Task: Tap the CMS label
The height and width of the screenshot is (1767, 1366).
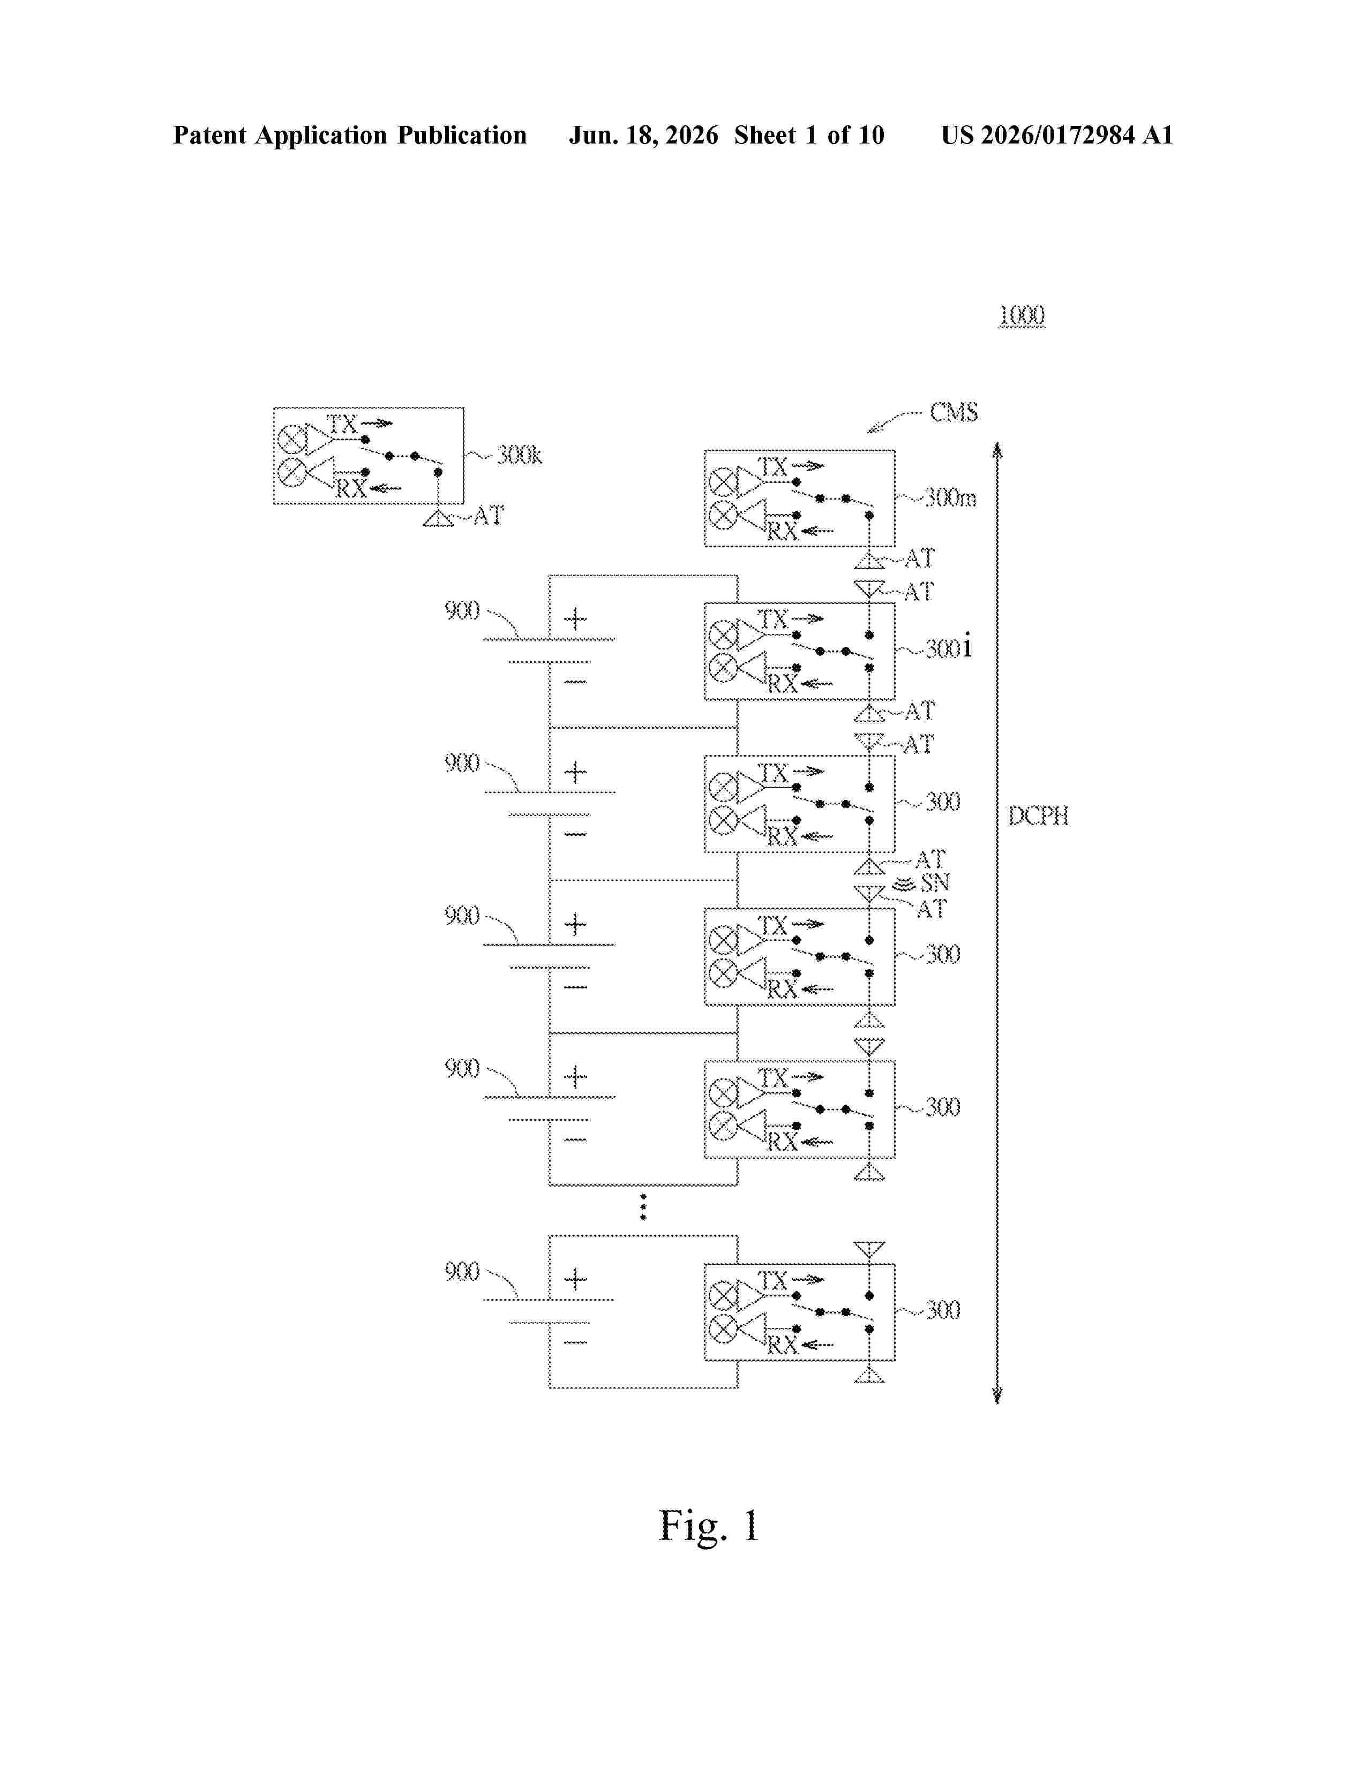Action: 954,413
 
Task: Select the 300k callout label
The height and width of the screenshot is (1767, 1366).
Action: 519,456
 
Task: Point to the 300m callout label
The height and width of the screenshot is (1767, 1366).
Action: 950,497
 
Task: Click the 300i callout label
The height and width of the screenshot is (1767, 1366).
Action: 948,648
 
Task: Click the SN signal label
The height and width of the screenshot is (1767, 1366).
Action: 935,882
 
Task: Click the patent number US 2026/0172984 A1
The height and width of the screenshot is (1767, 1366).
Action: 1057,135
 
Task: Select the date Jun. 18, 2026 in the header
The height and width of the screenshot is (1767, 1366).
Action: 643,135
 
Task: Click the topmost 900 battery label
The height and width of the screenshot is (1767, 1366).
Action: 462,611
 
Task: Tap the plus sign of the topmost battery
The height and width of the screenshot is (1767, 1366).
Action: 575,620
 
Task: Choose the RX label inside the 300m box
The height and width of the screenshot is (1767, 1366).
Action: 782,532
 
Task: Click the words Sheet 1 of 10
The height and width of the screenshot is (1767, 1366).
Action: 809,135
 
